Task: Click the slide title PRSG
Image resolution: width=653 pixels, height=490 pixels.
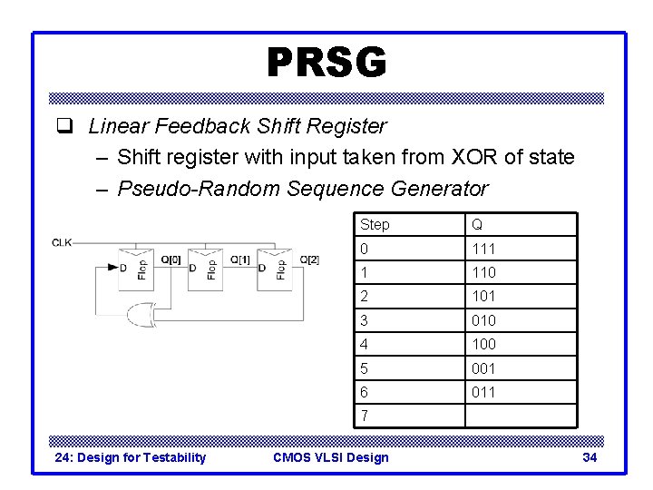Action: tap(326, 64)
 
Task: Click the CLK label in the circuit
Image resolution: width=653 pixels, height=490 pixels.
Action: tap(63, 242)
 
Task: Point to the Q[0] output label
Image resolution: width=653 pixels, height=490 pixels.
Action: tap(171, 260)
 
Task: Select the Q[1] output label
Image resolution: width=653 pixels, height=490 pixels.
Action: tap(240, 260)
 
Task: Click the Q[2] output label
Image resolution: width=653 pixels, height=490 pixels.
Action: tap(308, 260)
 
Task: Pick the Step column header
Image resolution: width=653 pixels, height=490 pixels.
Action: tap(375, 224)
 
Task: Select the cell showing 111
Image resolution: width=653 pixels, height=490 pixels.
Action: tap(482, 249)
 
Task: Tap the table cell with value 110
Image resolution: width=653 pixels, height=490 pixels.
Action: tap(482, 272)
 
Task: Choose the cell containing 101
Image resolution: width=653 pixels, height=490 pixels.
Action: tap(482, 296)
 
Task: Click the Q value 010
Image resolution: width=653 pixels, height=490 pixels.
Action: tap(482, 320)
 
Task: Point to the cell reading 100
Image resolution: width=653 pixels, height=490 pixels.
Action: tap(482, 344)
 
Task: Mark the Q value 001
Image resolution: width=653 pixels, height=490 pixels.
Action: tap(482, 368)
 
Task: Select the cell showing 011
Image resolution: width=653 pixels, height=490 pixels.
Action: tap(482, 392)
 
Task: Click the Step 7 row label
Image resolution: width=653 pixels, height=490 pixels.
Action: tap(365, 416)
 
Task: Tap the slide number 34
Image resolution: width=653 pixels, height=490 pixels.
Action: tap(590, 457)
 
